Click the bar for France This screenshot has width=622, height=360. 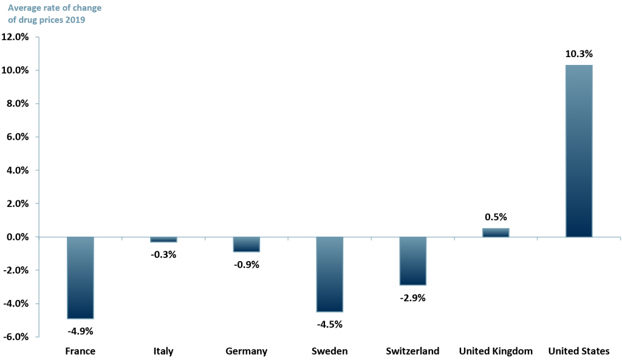click(x=80, y=277)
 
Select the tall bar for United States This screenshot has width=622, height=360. click(x=579, y=151)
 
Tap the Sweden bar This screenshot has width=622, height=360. click(x=330, y=274)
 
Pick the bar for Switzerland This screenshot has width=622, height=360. click(x=413, y=260)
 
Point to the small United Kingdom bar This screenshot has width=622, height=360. click(x=496, y=233)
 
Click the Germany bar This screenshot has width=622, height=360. click(x=247, y=244)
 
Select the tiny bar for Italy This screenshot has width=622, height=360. click(x=163, y=239)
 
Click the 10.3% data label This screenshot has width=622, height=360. click(x=578, y=54)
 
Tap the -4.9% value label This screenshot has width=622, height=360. click(x=80, y=331)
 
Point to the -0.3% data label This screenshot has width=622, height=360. click(x=163, y=254)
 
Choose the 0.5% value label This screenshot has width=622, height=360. click(x=496, y=217)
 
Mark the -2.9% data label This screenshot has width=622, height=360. click(x=413, y=297)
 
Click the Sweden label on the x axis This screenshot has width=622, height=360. click(x=329, y=351)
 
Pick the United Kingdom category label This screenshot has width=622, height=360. click(x=496, y=351)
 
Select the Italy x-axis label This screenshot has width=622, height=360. click(x=163, y=351)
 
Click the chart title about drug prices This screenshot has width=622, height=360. click(x=54, y=14)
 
